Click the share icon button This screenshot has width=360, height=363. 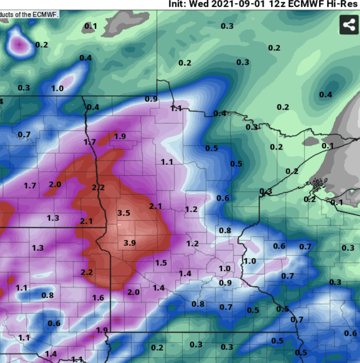[349, 25]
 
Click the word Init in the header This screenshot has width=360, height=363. [178, 4]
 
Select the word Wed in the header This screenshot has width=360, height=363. [203, 4]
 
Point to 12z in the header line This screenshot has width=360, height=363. [273, 4]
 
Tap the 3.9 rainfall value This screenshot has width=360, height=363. [130, 243]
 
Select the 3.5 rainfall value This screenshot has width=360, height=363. [124, 213]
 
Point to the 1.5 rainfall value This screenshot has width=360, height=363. [161, 263]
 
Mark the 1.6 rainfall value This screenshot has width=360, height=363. [98, 298]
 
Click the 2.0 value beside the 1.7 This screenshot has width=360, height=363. [55, 184]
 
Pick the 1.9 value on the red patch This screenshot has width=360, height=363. [120, 136]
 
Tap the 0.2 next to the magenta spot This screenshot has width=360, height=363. [42, 44]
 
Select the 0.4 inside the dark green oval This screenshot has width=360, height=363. [326, 94]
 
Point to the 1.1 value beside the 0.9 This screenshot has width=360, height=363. [176, 108]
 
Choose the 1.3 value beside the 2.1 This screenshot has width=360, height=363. [53, 218]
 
